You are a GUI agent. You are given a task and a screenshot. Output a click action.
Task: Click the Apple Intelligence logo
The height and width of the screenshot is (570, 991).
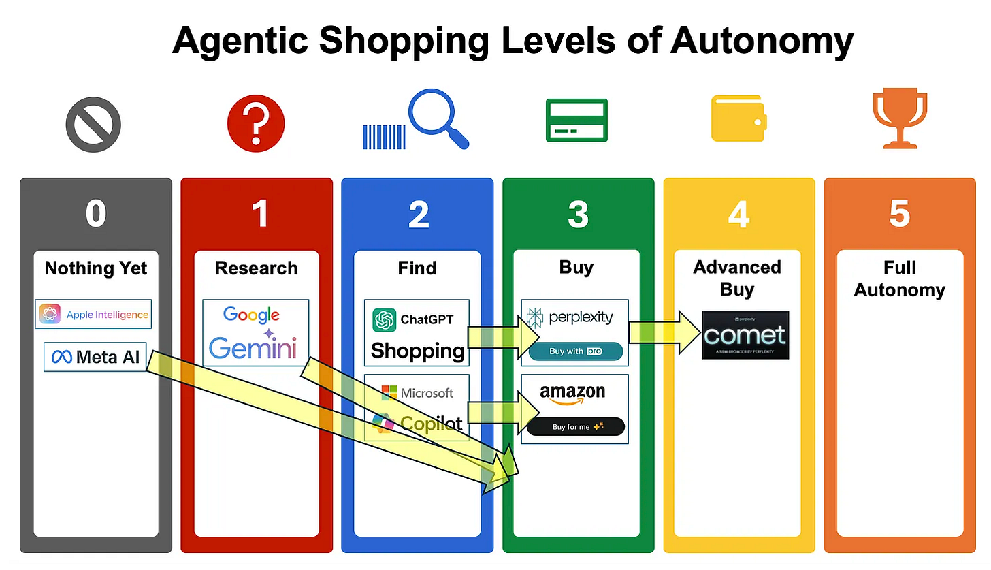point(93,315)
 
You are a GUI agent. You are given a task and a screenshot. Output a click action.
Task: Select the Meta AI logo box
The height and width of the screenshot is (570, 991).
point(95,357)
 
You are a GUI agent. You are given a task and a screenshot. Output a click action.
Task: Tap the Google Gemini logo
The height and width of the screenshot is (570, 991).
point(255,333)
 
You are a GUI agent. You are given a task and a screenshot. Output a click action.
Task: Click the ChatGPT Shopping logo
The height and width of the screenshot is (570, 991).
point(417,334)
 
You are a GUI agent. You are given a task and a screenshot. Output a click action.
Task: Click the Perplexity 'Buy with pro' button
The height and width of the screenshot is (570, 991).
point(575,351)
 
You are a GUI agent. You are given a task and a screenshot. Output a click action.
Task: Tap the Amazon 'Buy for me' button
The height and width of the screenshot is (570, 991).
point(575,427)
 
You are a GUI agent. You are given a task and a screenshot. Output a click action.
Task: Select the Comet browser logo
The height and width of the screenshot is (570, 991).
point(745,335)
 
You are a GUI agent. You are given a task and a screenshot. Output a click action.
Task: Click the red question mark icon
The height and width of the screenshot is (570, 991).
point(255,123)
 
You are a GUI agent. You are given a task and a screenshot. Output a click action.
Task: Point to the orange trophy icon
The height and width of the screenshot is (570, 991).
point(899,120)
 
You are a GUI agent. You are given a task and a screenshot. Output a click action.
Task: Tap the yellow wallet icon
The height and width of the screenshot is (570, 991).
point(738,118)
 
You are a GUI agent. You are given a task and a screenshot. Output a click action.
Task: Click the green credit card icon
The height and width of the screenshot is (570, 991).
point(576,120)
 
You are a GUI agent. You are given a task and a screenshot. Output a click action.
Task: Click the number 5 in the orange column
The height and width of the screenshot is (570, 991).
point(899,214)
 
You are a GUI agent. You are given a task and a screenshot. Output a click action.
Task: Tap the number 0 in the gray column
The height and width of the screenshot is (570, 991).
point(95,214)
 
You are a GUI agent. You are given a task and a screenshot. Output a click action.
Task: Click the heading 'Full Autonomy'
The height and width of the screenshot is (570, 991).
point(899,279)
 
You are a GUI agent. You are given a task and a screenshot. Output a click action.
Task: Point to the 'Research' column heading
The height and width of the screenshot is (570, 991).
point(256,268)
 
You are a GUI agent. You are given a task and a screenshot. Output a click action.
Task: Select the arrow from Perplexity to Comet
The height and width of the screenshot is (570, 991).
point(664,333)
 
